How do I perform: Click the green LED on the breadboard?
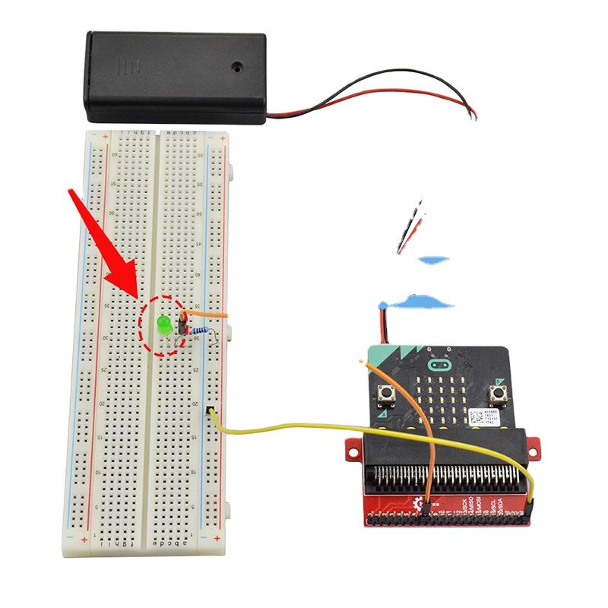(163, 325)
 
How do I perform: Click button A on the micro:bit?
(387, 394)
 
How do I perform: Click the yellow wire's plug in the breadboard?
(211, 413)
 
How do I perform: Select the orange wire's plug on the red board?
(429, 505)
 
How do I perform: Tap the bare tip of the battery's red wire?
(475, 116)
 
